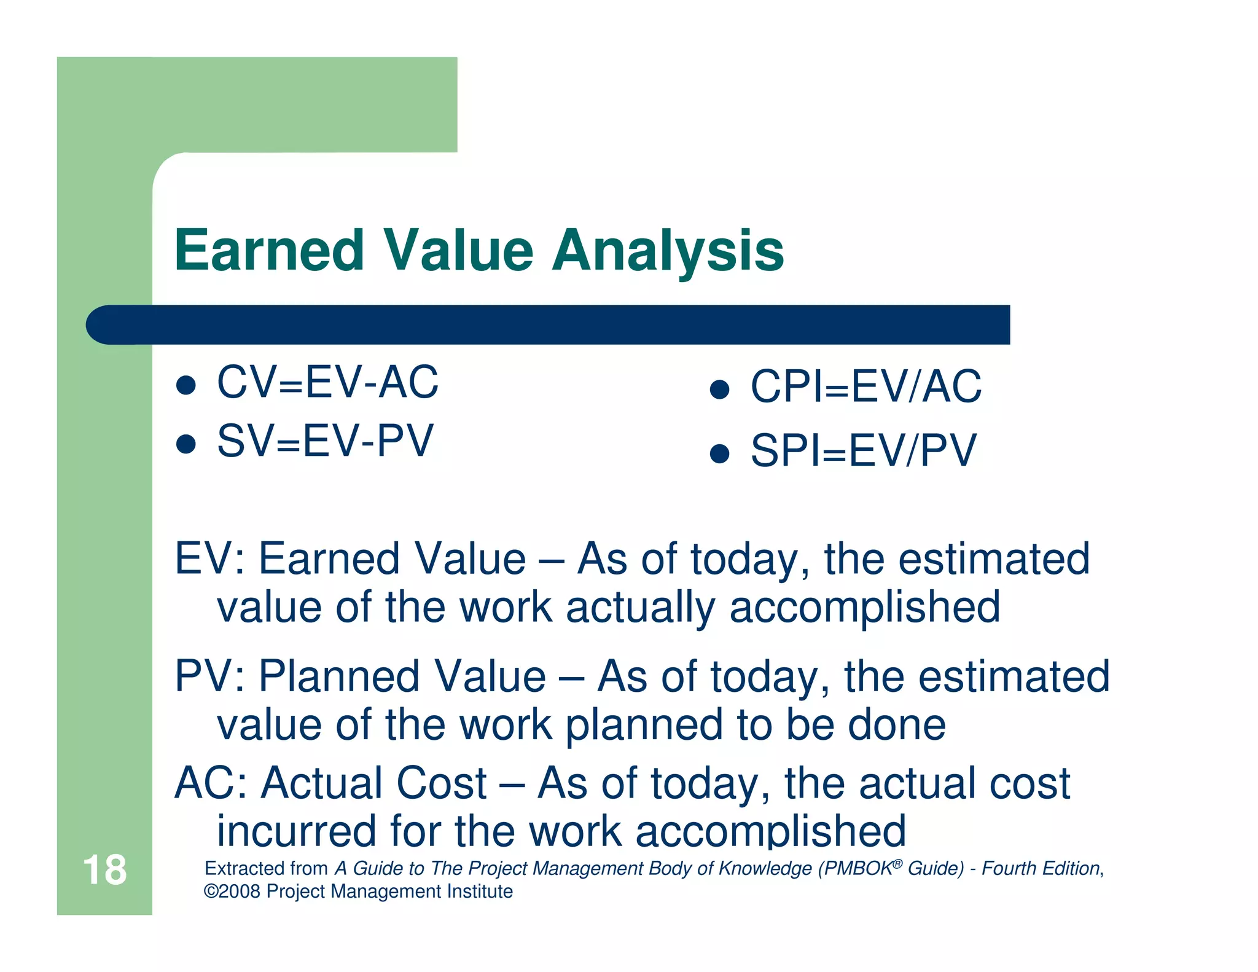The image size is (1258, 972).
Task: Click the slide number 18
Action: point(104,870)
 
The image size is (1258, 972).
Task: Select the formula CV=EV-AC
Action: point(327,382)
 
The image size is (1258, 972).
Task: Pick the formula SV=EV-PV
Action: point(325,441)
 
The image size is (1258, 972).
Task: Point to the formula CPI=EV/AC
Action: point(866,387)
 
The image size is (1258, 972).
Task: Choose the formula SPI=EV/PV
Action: point(863,451)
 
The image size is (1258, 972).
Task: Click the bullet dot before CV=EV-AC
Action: point(186,385)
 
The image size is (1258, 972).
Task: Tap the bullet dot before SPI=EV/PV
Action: point(719,454)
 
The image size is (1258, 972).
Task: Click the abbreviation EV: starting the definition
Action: point(209,559)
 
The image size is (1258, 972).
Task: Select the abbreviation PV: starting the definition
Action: point(209,676)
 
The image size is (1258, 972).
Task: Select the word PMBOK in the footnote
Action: point(858,869)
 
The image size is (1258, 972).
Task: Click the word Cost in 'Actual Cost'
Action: point(442,783)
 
